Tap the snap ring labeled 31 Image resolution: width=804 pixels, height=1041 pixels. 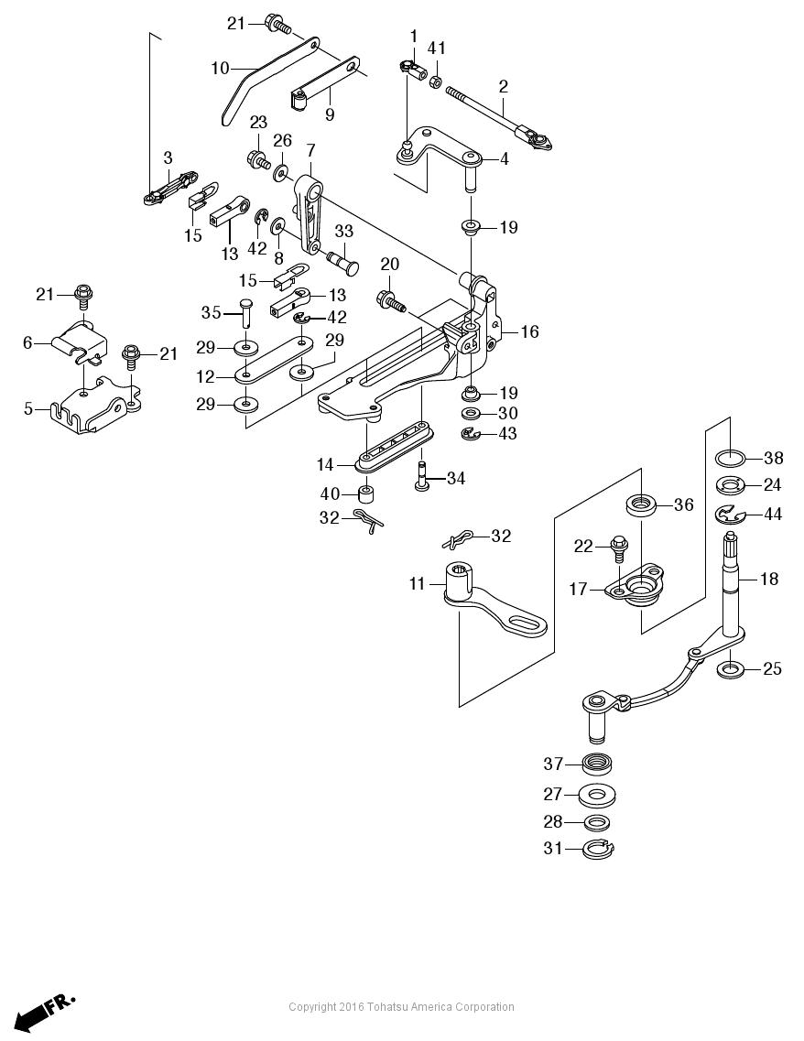(x=599, y=850)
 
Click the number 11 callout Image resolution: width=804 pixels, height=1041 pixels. (x=418, y=582)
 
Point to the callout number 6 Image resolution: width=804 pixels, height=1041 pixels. (x=27, y=342)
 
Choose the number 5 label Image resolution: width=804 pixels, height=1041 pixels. (x=27, y=408)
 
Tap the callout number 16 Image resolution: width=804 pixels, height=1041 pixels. (x=529, y=331)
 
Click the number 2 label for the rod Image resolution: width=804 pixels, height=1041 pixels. (x=503, y=86)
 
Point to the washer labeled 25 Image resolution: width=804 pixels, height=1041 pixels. (x=731, y=669)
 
